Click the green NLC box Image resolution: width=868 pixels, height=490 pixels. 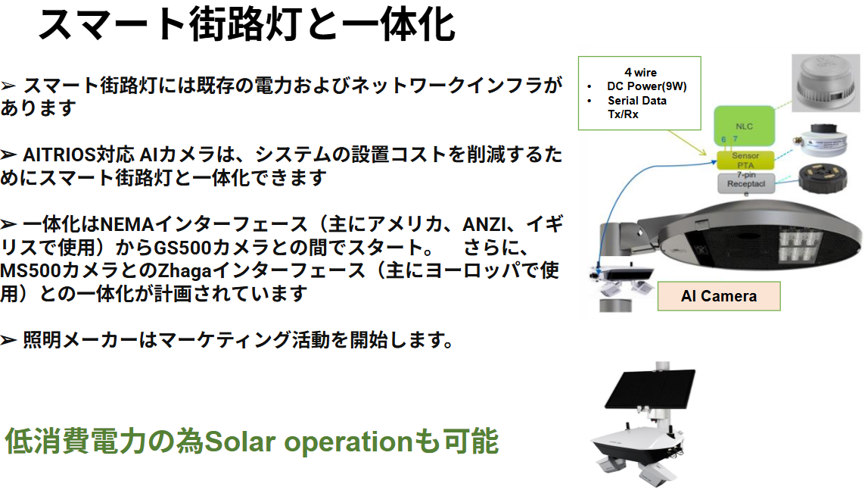coord(744,126)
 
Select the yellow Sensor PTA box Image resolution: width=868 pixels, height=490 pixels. coord(745,161)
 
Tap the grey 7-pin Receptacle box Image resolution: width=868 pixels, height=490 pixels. coord(745,183)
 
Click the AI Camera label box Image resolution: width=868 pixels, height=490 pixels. coord(718,296)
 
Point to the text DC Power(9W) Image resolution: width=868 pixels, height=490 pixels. coord(646,86)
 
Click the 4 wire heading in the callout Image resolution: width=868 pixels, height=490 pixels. coord(640,73)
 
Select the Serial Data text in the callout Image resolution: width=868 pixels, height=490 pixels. coord(636,100)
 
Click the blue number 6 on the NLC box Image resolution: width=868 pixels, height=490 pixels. coord(723,139)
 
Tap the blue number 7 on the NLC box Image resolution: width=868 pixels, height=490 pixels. coord(735,139)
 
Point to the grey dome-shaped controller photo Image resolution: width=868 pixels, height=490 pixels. coord(826,83)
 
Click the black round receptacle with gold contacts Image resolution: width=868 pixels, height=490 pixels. coord(823,178)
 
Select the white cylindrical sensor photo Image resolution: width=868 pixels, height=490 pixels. coord(820,140)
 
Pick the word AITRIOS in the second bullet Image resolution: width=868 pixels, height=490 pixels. coord(59,154)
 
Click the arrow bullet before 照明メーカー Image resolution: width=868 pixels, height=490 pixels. coord(8,340)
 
